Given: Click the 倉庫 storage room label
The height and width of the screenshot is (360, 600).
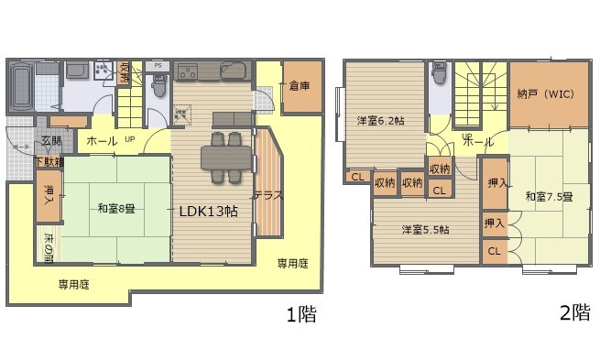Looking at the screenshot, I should click(x=297, y=87).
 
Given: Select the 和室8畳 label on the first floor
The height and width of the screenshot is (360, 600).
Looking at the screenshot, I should click(x=117, y=208).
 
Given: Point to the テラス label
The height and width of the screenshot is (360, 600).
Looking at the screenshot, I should click(x=268, y=195).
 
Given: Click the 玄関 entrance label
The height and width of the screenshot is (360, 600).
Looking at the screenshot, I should click(x=51, y=141).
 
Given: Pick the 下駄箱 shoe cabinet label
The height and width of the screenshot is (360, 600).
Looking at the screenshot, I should click(x=49, y=162).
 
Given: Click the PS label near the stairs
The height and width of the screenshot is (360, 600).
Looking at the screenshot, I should click(x=158, y=66).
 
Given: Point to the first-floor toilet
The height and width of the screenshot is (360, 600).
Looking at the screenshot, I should click(x=158, y=86).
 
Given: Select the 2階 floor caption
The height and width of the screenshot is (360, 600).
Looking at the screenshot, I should click(x=573, y=312).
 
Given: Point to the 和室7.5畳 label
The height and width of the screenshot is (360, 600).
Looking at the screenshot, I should click(x=549, y=196).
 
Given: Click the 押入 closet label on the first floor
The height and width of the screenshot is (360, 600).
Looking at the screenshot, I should click(x=49, y=202).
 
